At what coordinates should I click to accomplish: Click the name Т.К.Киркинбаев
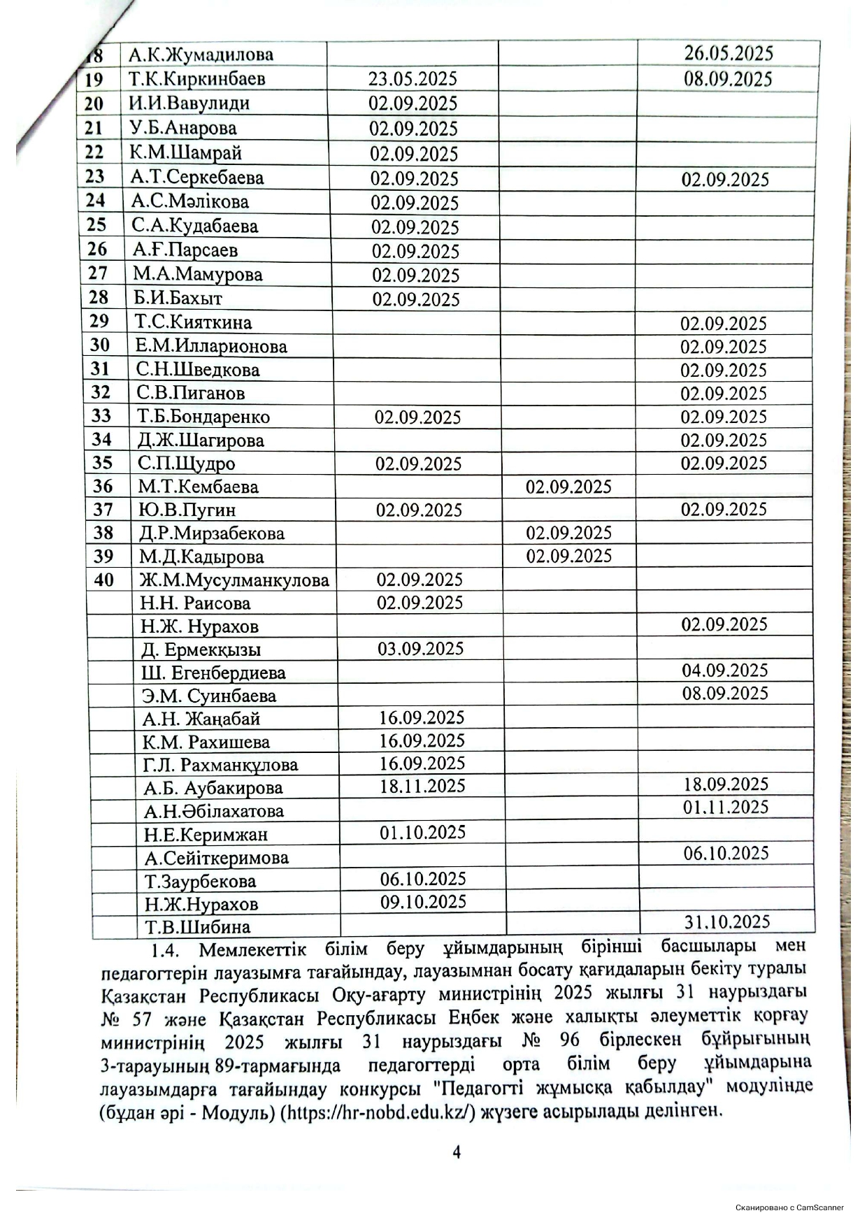[197, 78]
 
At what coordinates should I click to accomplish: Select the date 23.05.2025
[413, 78]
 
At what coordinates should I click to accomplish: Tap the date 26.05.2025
[728, 53]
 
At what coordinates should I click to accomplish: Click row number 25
[96, 225]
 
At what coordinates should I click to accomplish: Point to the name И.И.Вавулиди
[189, 103]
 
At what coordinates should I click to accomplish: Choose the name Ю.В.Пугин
[187, 510]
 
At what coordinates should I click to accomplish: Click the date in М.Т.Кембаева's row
[568, 487]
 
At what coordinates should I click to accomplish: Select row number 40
[103, 580]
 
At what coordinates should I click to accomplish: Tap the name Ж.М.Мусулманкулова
[234, 580]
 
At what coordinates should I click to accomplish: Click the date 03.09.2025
[420, 649]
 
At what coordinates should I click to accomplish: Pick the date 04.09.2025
[725, 670]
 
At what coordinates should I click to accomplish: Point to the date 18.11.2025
[422, 786]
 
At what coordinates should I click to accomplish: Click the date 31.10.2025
[727, 921]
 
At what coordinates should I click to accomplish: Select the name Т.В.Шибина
[197, 928]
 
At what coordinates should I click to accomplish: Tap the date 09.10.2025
[423, 901]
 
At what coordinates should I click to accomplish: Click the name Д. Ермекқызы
[201, 650]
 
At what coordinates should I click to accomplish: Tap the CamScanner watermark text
[789, 1207]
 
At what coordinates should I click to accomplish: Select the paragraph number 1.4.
[166, 950]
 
